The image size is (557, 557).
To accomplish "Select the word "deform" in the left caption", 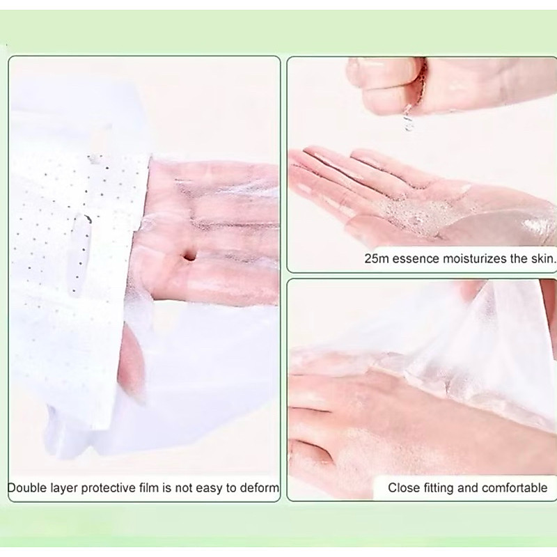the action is tap(260, 488).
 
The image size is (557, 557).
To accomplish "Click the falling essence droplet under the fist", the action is tap(408, 119).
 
